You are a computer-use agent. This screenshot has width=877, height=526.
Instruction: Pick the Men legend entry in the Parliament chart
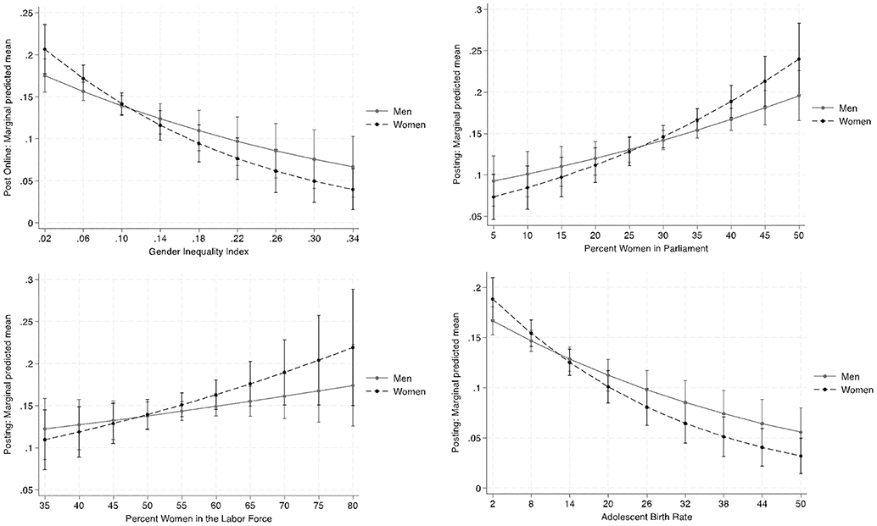pos(850,108)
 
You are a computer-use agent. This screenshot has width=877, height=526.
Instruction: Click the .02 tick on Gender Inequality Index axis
pos(44,238)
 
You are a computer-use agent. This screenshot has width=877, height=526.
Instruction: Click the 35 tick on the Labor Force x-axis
pos(44,502)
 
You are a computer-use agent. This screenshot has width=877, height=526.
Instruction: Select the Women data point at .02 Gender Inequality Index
pos(44,49)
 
